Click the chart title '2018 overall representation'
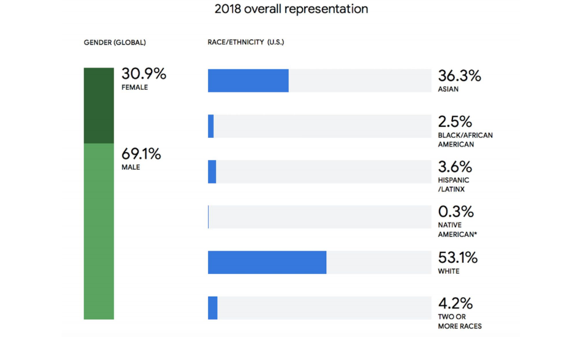pos(291,9)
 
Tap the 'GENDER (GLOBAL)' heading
pos(114,42)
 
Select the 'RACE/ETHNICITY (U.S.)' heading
pos(246,42)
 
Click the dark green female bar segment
pos(99,105)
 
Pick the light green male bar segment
pos(99,231)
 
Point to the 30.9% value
pos(144,74)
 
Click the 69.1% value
pos(142,154)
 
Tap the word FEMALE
pos(135,87)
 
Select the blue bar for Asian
pos(248,81)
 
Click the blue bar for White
pos(267,262)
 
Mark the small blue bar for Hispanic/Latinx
pos(212,172)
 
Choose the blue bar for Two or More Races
pos(213,308)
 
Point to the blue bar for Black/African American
pos(211,126)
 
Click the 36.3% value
pos(459,76)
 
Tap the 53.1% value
pos(457,257)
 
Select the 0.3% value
pos(456,212)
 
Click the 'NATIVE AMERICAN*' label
pos(458,230)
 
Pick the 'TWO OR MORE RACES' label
pos(459,321)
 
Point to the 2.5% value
pos(455,122)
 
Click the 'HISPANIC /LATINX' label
pos(454,185)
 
